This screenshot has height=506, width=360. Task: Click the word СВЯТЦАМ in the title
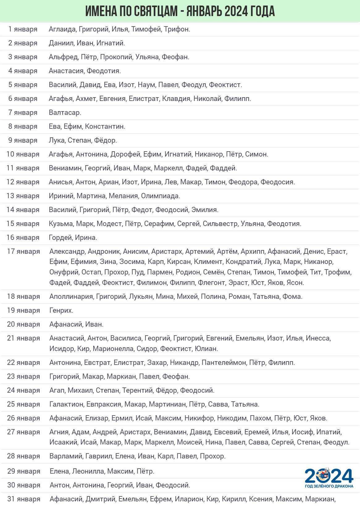coord(155,11)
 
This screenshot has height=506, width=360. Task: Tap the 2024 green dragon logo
coord(329,478)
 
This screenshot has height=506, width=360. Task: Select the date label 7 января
coord(23,113)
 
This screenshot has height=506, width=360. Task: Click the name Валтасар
coord(65,113)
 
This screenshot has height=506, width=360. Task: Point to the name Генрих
coord(61,311)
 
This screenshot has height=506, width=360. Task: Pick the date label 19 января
coord(23,311)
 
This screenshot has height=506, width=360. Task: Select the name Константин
coord(105,127)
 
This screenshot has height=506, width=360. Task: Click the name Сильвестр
coord(220,224)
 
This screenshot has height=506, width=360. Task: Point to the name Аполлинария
coord(71,297)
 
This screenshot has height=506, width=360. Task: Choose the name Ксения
coord(260,499)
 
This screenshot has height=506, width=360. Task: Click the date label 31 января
coord(23,499)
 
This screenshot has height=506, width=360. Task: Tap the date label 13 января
coord(23,196)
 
